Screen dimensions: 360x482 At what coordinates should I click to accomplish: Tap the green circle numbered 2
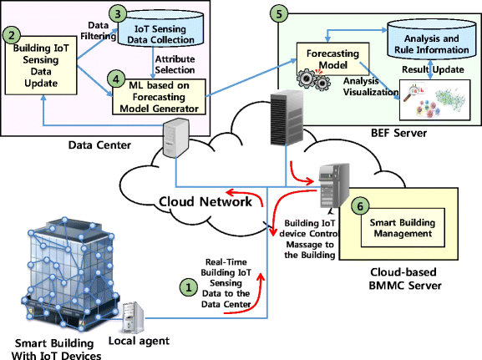click(x=12, y=36)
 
